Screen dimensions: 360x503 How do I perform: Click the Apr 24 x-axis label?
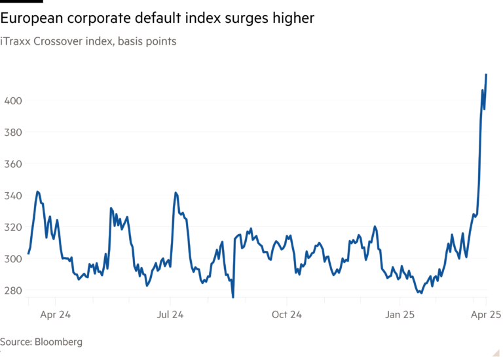(x=55, y=315)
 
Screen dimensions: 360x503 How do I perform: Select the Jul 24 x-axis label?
(x=170, y=315)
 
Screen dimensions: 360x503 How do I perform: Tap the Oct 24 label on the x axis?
(x=286, y=315)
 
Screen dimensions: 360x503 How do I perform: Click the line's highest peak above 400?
(x=486, y=75)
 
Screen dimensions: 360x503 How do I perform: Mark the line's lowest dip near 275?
(x=233, y=297)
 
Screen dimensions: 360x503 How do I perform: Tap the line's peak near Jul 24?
(x=176, y=192)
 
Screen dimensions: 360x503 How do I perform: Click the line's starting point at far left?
(x=29, y=254)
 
